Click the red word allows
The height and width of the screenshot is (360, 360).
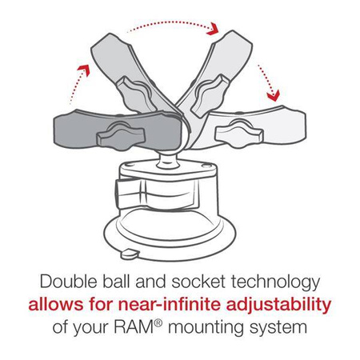click(x=54, y=305)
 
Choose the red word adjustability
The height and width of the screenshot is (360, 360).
click(x=278, y=306)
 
